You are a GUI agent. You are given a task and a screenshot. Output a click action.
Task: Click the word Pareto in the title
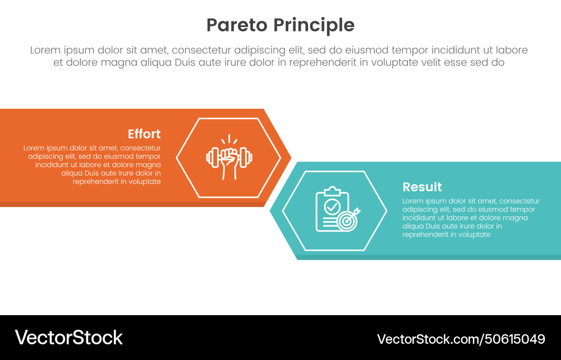pos(237,25)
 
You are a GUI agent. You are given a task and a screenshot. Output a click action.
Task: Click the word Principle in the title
pos(314,25)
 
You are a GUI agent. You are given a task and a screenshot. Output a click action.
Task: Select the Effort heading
pos(144,134)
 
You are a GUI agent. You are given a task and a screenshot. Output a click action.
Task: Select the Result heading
pos(422,187)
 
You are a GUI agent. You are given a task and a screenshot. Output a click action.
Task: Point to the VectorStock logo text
pos(68,338)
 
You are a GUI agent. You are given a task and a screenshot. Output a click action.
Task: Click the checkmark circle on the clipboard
pos(332,206)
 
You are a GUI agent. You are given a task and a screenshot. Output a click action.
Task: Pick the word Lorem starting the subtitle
pos(45,50)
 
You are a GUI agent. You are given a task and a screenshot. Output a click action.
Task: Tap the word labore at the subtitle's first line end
pos(512,50)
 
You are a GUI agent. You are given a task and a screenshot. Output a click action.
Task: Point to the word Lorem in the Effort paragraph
pos(34,148)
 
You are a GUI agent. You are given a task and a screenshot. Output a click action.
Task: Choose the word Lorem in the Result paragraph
pos(413,201)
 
